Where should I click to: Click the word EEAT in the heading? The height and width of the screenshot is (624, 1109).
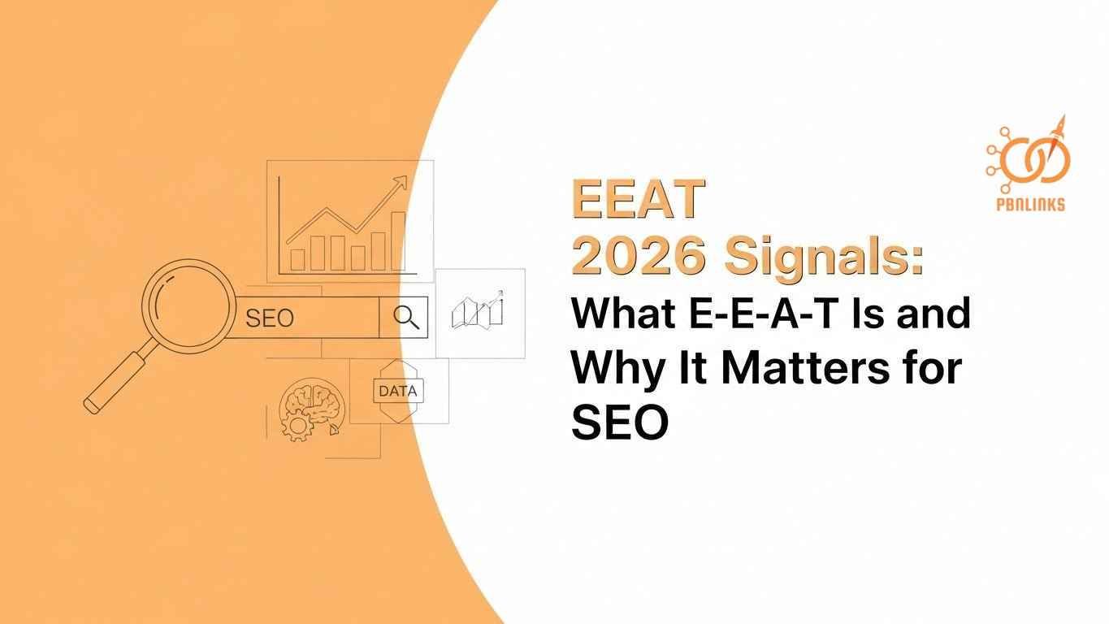(x=637, y=199)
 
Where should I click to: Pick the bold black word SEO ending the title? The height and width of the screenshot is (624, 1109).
(x=619, y=422)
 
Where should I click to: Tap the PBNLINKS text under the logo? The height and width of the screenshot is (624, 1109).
(x=1029, y=206)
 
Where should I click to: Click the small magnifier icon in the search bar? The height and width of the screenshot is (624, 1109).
(x=406, y=318)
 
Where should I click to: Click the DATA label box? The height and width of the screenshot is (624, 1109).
(x=398, y=391)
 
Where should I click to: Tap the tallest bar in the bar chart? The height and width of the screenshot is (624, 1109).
(x=398, y=240)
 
